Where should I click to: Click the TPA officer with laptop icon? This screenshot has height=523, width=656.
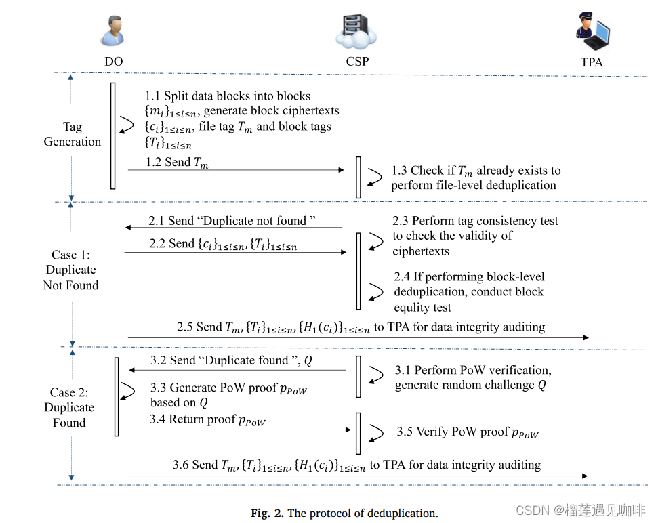(592, 32)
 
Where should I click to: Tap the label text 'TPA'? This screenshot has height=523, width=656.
(592, 62)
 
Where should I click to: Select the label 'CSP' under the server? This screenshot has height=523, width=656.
(356, 62)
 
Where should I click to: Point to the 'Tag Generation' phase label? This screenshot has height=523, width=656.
(72, 134)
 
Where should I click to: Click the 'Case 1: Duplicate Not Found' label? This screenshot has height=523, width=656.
(70, 270)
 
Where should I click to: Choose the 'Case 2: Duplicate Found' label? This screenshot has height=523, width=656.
(69, 407)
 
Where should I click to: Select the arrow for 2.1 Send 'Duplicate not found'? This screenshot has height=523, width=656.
(233, 228)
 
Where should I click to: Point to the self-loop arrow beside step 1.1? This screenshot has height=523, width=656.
(127, 124)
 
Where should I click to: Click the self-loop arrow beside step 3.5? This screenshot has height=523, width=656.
(373, 432)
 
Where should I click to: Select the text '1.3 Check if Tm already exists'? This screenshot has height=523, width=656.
(476, 171)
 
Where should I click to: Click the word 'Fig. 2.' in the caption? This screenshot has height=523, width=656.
(268, 513)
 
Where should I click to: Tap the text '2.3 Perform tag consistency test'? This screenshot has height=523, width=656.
(475, 221)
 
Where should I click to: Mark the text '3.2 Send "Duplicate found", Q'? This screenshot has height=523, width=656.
(231, 360)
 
